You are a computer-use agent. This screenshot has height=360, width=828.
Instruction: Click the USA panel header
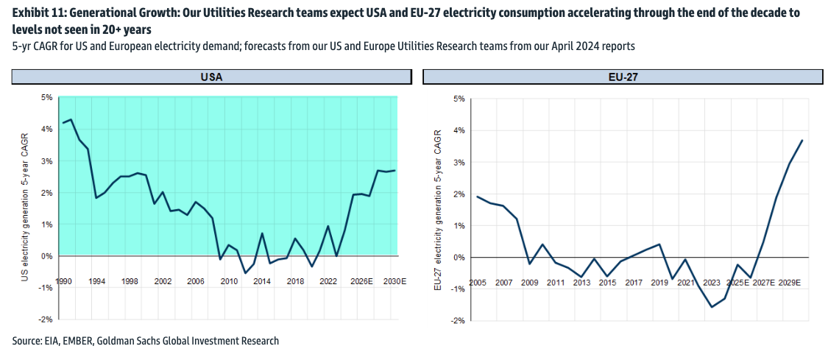click(x=212, y=77)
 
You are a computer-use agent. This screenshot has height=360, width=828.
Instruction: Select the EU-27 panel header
click(x=623, y=77)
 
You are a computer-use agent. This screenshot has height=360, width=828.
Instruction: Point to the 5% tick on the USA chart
click(x=46, y=97)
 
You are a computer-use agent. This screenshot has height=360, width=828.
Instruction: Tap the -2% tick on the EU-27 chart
click(x=458, y=321)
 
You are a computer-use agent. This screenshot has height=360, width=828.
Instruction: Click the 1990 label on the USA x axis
click(x=63, y=281)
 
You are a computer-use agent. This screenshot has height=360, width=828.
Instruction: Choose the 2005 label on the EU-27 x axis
click(x=478, y=283)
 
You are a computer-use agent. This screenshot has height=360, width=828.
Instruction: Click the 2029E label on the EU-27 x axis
click(x=791, y=283)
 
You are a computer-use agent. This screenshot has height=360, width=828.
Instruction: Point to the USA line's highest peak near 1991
click(x=71, y=119)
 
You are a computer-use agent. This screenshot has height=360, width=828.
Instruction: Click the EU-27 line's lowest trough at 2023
click(x=712, y=307)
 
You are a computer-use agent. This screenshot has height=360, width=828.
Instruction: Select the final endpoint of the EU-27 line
click(x=802, y=141)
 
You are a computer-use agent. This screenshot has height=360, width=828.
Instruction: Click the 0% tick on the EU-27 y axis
click(x=459, y=258)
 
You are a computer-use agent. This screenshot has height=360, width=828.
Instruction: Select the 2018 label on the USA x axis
click(x=295, y=281)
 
